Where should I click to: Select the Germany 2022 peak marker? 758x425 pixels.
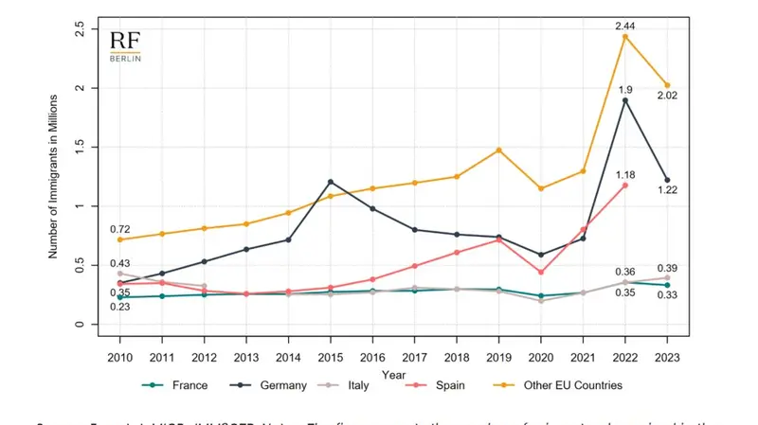coord(625,100)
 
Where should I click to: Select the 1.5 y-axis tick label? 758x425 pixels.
coord(81,148)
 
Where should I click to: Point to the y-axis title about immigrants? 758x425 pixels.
coord(53,176)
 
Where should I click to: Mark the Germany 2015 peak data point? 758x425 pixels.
coord(330,182)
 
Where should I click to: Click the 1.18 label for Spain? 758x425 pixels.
coord(625,174)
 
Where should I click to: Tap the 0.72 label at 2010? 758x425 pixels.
coord(119,229)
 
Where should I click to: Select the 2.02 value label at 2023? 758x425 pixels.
coord(668,96)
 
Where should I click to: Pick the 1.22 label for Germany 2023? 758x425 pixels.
coord(668,190)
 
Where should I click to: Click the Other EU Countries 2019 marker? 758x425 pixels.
coord(498,151)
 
